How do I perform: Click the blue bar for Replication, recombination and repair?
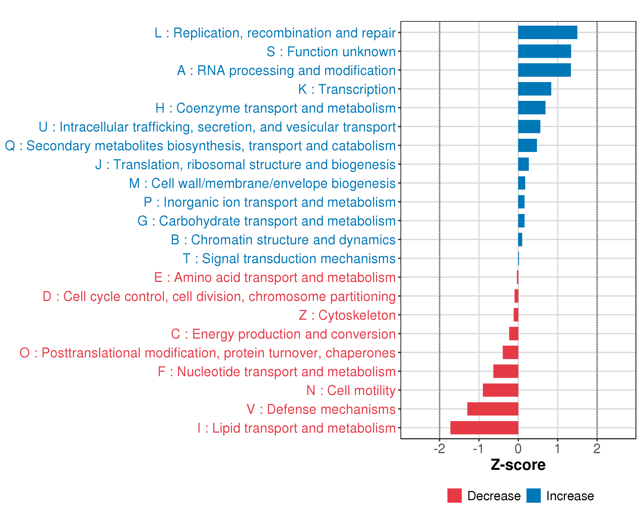(x=547, y=32)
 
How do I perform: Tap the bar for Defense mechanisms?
(x=493, y=409)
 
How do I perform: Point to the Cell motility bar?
(x=500, y=390)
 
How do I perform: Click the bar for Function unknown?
(x=544, y=51)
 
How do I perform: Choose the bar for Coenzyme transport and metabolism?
(x=532, y=108)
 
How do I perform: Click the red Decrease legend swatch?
(x=454, y=496)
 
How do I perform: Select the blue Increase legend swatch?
(x=533, y=496)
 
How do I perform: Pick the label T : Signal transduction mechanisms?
(x=289, y=259)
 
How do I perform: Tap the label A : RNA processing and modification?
(x=286, y=71)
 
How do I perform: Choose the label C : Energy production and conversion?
(x=283, y=334)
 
